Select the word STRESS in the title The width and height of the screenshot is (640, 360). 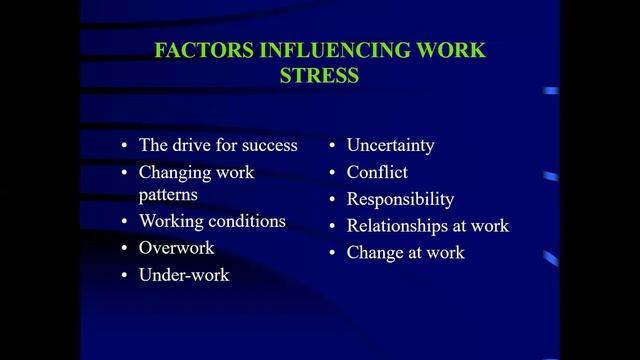(319, 76)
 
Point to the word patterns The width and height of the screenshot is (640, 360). (168, 194)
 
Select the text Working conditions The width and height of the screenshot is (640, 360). (212, 221)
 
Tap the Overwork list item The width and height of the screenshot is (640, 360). (176, 247)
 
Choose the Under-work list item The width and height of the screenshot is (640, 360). (184, 274)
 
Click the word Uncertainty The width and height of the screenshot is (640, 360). (390, 145)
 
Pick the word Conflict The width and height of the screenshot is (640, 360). (377, 172)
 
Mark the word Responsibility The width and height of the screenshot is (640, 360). (400, 199)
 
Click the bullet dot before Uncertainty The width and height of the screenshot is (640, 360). (331, 146)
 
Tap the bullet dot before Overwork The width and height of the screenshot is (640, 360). (124, 248)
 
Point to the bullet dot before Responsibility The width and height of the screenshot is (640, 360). (331, 200)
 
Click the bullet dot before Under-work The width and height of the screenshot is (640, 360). (124, 275)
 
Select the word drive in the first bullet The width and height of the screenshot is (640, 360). (191, 145)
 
